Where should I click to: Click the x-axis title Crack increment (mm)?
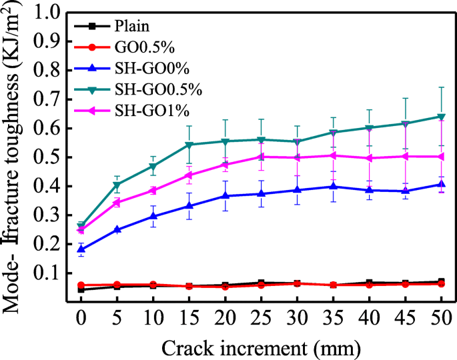click(261, 347)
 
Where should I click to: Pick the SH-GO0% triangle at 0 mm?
click(81, 249)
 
